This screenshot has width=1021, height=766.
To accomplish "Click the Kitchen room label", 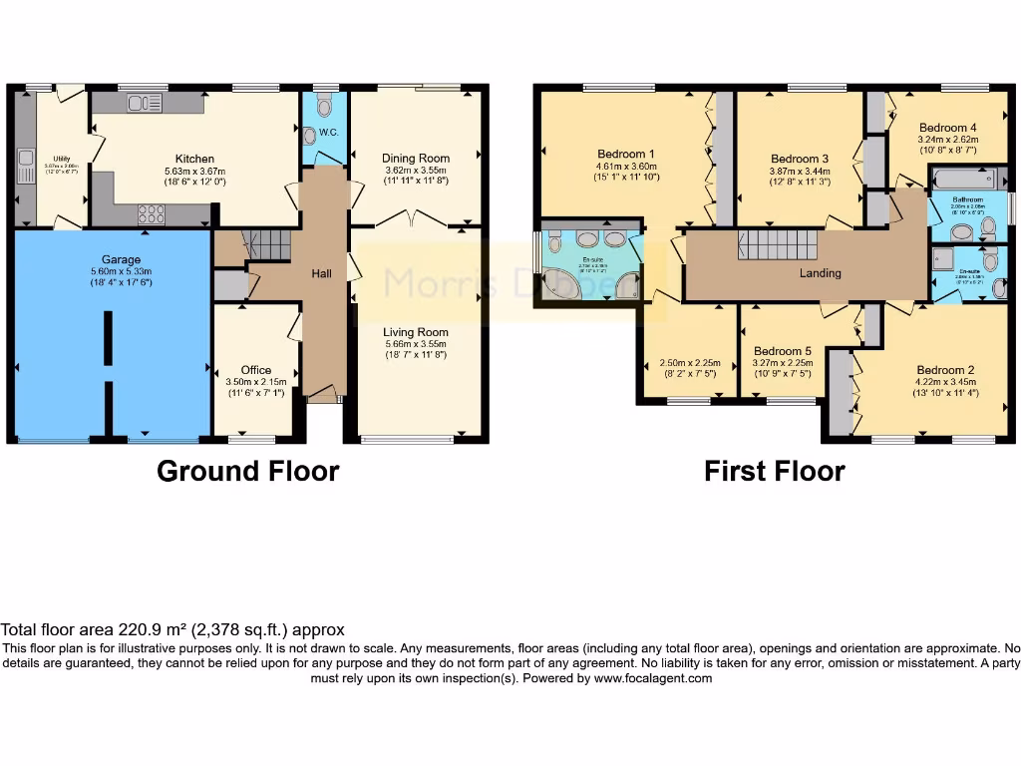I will tap(194, 159).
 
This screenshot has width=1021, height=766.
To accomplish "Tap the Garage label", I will tap(121, 260).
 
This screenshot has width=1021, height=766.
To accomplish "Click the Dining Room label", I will tap(416, 158).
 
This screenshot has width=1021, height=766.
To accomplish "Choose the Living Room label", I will tap(417, 332).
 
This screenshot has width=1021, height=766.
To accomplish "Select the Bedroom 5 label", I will tap(783, 351).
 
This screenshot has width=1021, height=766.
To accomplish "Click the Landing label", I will tap(821, 273).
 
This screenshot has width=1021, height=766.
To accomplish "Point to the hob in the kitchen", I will tap(151, 213).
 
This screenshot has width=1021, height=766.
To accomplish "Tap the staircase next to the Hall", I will tap(265, 244).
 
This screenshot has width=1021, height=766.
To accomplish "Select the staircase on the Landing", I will tap(777, 244).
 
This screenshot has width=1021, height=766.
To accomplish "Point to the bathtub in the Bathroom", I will tap(963, 181).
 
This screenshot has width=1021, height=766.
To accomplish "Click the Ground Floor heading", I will tap(247, 471).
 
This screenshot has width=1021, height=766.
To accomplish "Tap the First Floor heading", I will tap(774, 471).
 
